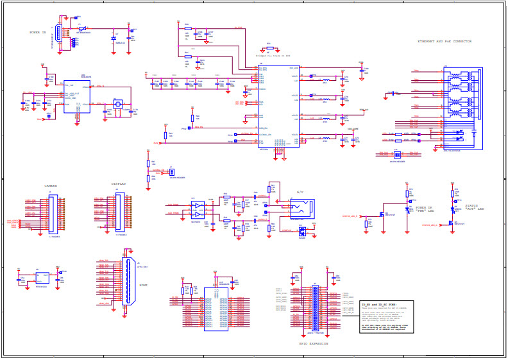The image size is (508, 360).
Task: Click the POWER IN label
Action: [38, 32]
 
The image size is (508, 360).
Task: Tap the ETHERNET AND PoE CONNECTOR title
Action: [444, 42]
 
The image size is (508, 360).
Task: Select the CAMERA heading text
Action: [51, 186]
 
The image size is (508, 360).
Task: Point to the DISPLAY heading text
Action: [119, 184]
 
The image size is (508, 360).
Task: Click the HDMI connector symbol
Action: [130, 280]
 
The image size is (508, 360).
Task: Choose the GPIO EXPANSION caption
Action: [313, 343]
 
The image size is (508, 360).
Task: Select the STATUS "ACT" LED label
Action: [474, 208]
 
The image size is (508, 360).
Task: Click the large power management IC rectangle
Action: [278, 107]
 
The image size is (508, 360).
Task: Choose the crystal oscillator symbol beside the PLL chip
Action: [117, 104]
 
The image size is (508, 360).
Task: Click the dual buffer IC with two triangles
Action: [198, 209]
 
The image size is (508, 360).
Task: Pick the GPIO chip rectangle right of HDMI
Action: [216, 309]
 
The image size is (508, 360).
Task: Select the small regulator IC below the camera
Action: [42, 277]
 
